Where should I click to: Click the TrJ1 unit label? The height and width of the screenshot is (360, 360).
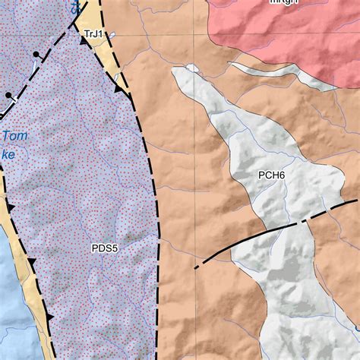(x=93, y=34)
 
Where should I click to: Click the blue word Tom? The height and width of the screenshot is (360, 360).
(x=14, y=137)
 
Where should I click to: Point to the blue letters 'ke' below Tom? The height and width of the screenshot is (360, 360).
(x=8, y=154)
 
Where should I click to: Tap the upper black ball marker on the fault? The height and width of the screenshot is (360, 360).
(x=36, y=56)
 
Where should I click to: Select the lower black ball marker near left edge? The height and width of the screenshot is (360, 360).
(x=8, y=96)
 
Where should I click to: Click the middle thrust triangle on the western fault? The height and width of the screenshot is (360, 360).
(x=31, y=262)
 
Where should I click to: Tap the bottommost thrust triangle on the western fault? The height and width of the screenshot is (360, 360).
(x=49, y=314)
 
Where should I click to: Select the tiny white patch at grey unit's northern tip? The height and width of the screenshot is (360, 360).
(x=192, y=68)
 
